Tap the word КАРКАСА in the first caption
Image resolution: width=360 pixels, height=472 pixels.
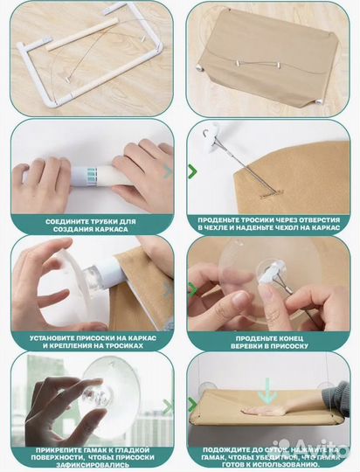coord(112,229)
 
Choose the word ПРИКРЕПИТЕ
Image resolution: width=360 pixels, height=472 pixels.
coord(55,450)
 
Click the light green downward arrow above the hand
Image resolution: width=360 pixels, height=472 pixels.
coord(267,391)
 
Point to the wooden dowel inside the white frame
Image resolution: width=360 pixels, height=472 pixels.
coord(82,34)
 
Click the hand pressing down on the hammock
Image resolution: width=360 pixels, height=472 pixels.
coord(264,410)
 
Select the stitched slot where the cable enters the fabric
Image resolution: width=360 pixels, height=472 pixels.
coord(272,193)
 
